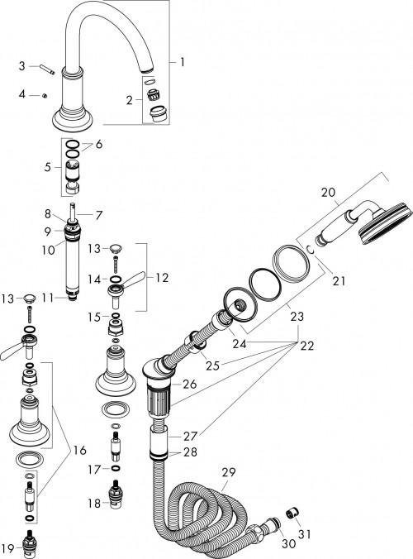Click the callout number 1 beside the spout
coord(183,62)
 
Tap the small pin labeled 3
coord(47,69)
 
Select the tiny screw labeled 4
coord(45,96)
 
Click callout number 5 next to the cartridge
coord(48,167)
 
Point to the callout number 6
coord(98,144)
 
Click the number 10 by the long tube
coord(48,249)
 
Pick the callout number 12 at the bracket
coord(162,277)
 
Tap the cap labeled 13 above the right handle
coord(116,248)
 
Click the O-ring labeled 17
coord(116,468)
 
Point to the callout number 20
coord(328,192)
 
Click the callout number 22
coord(307,345)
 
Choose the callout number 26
coord(190,384)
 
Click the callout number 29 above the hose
coord(229,472)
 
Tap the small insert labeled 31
coord(292,514)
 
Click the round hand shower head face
coord(387,223)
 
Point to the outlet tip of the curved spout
coord(148,69)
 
